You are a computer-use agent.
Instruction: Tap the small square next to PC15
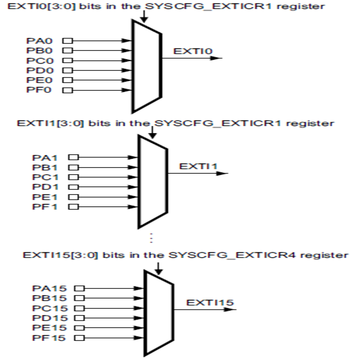pos(79,309)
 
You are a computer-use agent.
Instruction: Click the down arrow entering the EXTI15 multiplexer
pos(158,265)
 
